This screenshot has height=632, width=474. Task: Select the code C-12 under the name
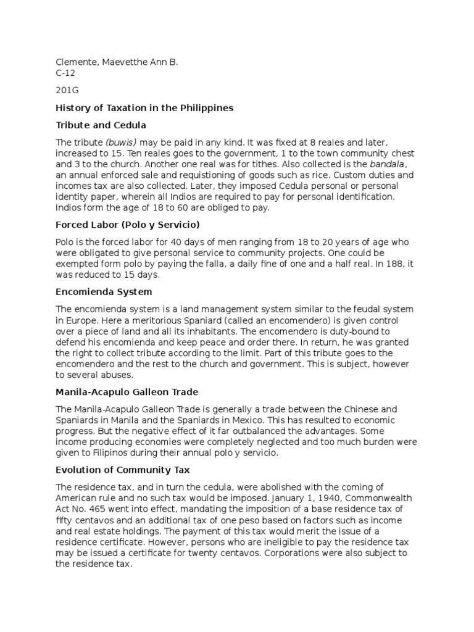[x=65, y=73]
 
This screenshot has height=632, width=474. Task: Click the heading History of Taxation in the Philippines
[x=144, y=108]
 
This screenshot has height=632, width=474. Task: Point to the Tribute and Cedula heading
[x=101, y=125]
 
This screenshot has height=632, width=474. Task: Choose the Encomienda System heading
[x=104, y=291]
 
